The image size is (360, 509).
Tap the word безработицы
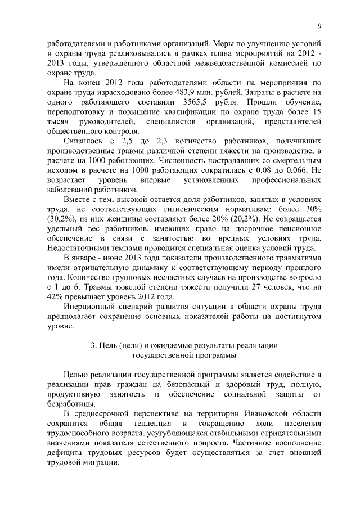[71, 403]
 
